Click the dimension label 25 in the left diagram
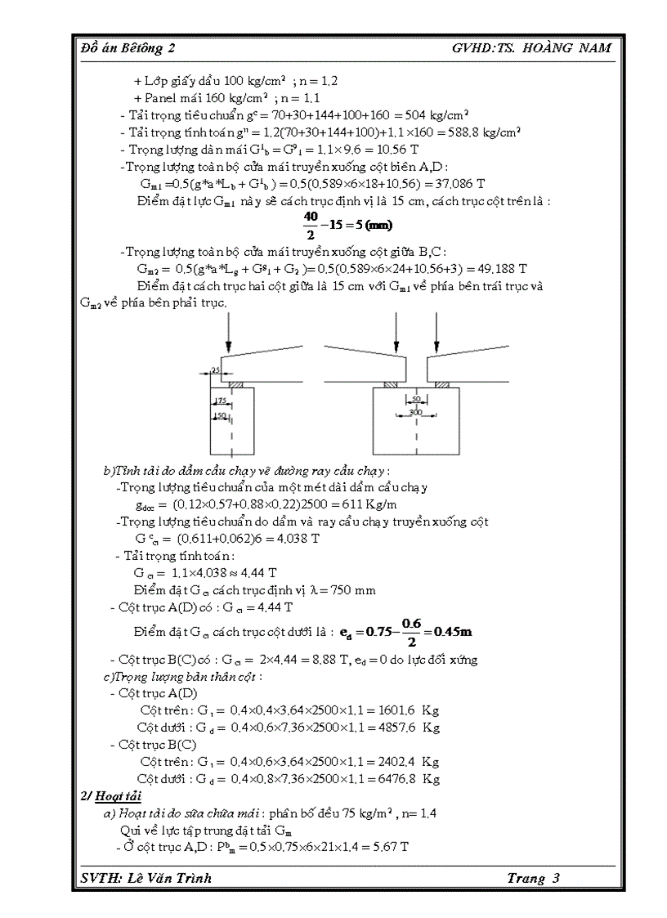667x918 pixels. pos(214,370)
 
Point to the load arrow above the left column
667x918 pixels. pos(231,331)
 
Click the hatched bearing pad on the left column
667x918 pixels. pos(235,384)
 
